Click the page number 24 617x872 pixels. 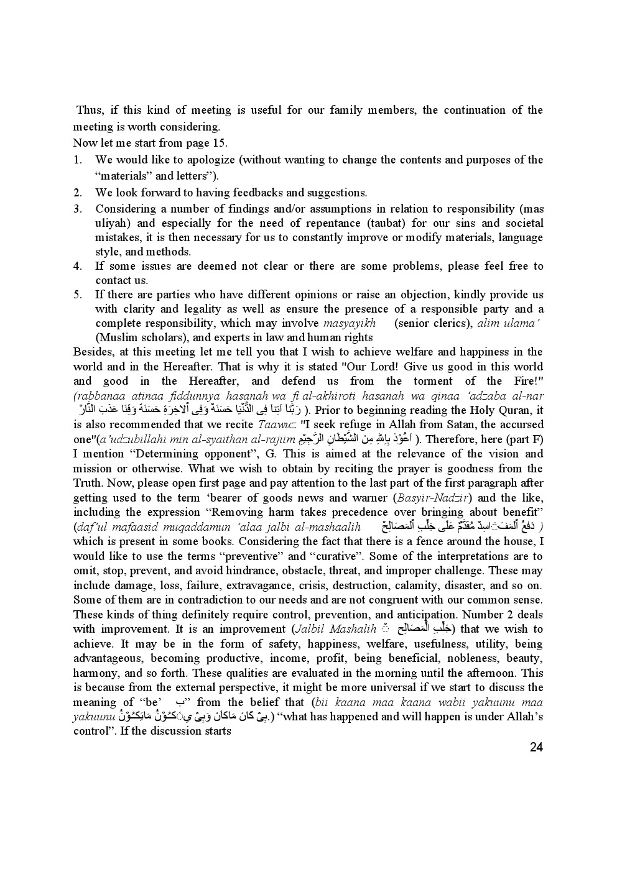coord(536,747)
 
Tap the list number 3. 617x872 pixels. coord(78,209)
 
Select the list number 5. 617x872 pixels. coord(78,295)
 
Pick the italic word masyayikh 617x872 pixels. coord(350,323)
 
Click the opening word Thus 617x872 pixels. coord(89,110)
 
